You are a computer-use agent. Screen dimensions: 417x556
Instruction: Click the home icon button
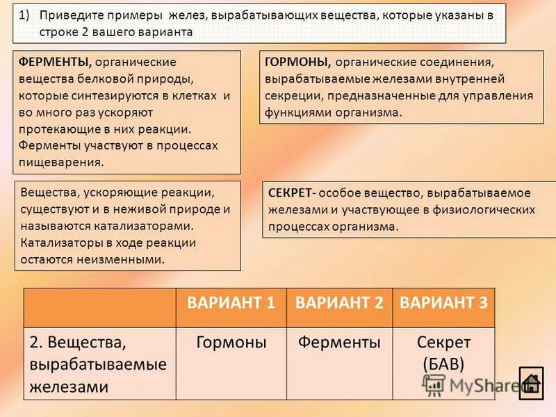[x=532, y=382]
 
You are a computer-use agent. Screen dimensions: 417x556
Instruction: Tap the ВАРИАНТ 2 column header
[x=339, y=302]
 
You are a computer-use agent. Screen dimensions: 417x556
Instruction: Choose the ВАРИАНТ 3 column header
[x=444, y=302]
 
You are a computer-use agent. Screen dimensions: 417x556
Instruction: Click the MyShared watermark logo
[x=473, y=384]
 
